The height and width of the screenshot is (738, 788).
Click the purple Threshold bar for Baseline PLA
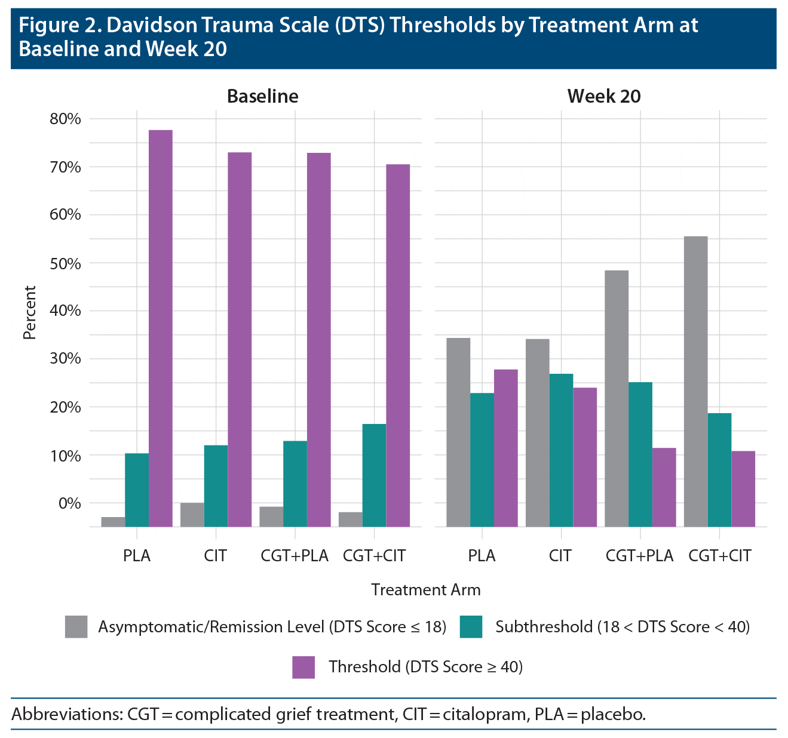tap(161, 328)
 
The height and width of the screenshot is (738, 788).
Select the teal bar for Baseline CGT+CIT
tap(374, 475)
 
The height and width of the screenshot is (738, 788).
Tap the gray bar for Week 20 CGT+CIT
tap(695, 382)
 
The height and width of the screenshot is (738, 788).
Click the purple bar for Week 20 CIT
tap(585, 457)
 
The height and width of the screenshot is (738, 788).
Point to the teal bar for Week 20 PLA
tap(482, 460)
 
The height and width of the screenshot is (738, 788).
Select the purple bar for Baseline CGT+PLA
tap(319, 340)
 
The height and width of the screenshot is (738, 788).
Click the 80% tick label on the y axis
tap(65, 119)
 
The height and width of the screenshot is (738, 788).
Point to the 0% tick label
tap(69, 503)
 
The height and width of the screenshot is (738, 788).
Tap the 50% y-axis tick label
tap(65, 263)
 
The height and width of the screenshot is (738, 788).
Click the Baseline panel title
tap(262, 96)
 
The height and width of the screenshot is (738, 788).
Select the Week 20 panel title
tap(603, 96)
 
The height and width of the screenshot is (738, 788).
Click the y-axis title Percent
tap(30, 312)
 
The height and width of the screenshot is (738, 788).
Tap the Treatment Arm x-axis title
tap(425, 590)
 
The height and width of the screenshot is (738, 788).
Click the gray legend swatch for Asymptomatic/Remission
tap(76, 626)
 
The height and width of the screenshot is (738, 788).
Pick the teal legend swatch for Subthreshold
tap(471, 626)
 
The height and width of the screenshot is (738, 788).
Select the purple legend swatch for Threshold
tap(303, 667)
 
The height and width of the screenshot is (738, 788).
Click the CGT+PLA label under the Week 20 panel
tap(639, 556)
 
